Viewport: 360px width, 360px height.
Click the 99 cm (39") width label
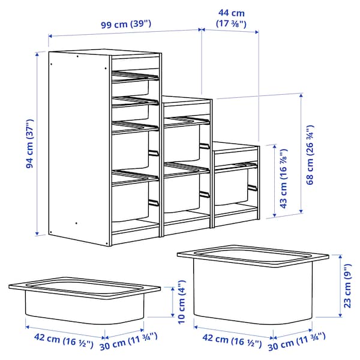pyautogui.click(x=125, y=23)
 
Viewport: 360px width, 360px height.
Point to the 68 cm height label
pyautogui.click(x=310, y=155)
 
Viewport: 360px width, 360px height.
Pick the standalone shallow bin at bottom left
pyautogui.click(x=85, y=303)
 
